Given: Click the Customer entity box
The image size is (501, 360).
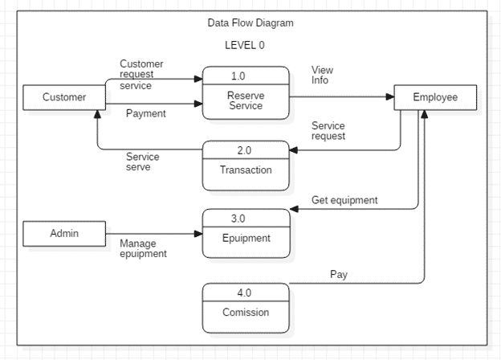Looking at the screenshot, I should pyautogui.click(x=63, y=97).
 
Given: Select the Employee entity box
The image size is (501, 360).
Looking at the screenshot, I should pyautogui.click(x=435, y=97).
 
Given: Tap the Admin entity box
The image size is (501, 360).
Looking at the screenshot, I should pyautogui.click(x=63, y=234).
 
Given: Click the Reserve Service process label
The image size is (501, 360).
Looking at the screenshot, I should pyautogui.click(x=246, y=100).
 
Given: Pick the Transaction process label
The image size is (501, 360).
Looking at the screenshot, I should pyautogui.click(x=246, y=170).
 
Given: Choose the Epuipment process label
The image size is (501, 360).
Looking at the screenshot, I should pyautogui.click(x=246, y=238).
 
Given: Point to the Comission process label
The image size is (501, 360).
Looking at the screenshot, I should pyautogui.click(x=246, y=313).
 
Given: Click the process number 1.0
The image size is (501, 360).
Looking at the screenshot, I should pyautogui.click(x=238, y=76).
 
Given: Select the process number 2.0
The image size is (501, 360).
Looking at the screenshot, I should pyautogui.click(x=244, y=149).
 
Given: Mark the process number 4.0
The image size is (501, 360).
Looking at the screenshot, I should pyautogui.click(x=244, y=292).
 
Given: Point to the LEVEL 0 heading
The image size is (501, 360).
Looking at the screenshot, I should pyautogui.click(x=244, y=46).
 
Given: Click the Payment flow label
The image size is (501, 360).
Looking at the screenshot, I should pyautogui.click(x=146, y=113).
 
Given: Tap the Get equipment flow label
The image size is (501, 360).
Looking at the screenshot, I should pyautogui.click(x=344, y=200).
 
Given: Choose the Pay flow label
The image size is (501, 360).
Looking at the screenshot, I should pyautogui.click(x=339, y=274).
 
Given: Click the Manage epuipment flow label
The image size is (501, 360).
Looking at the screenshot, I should pyautogui.click(x=143, y=248).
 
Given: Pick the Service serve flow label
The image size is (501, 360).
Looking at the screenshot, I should pyautogui.click(x=143, y=162).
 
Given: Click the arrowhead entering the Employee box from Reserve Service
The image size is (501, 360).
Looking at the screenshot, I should pyautogui.click(x=390, y=97).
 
